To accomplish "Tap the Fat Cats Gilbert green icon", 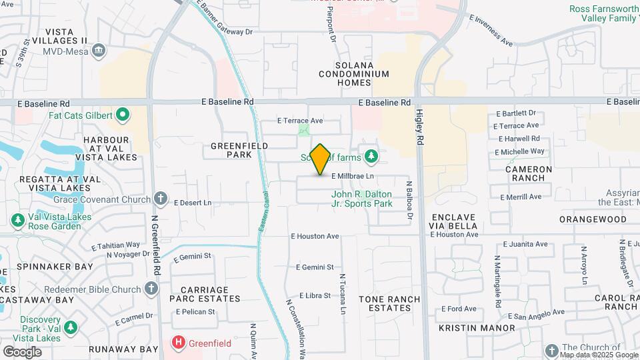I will pos(123,115).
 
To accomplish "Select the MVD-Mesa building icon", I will pos(99,49).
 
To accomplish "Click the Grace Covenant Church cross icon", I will pos(160,198).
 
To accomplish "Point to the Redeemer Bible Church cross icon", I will pos(151,289).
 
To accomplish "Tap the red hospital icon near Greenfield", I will pos(179,344).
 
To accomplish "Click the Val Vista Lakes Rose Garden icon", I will pos(18,219).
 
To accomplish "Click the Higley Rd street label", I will pos(420,128).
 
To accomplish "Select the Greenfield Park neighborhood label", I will pos(239,150).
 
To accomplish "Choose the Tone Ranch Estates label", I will pos(385,303).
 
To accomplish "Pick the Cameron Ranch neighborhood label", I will pos(529,174).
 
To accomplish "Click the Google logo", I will pos(22,352).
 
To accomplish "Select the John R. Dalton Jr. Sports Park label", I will pos(362,199).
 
